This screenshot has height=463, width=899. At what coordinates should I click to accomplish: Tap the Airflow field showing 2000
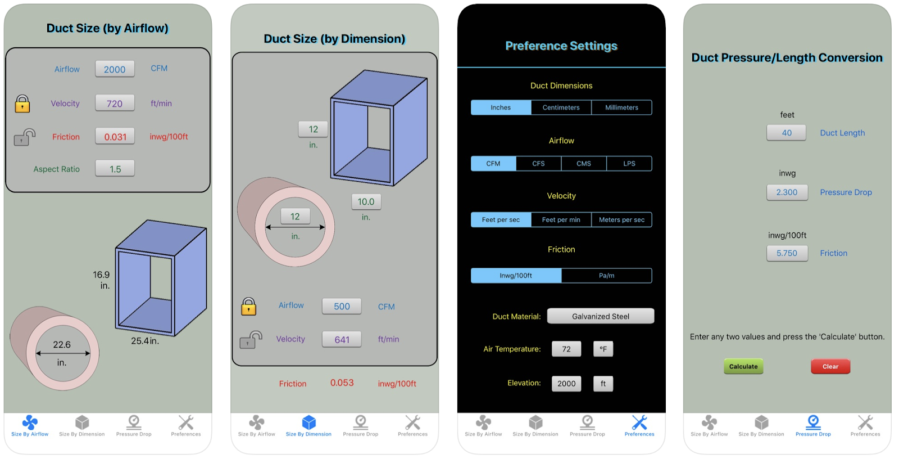(x=115, y=69)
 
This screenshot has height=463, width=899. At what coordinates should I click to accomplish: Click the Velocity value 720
(x=115, y=104)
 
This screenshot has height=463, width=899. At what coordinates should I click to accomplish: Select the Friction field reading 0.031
(x=115, y=137)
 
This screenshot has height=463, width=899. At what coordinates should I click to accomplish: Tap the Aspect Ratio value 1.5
(x=115, y=169)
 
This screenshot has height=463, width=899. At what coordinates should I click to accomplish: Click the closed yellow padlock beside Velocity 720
(x=22, y=104)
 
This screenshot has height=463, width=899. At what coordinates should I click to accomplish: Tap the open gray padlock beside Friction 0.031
(x=24, y=137)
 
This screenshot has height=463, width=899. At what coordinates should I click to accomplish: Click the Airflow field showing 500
(x=342, y=306)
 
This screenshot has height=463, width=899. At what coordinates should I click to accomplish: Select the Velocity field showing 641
(x=342, y=339)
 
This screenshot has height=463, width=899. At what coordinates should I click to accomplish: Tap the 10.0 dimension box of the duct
(x=366, y=201)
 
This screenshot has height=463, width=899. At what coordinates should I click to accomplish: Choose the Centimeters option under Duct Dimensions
(x=561, y=107)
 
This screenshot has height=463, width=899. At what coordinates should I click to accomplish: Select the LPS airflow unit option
(x=629, y=164)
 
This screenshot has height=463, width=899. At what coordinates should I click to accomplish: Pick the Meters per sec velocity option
(x=621, y=220)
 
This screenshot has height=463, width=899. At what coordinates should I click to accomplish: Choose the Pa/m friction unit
(x=606, y=276)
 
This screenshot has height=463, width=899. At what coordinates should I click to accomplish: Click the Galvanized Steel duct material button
(x=600, y=316)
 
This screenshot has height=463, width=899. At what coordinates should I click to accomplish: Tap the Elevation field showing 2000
(x=566, y=384)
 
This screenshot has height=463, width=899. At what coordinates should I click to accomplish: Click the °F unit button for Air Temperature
(x=603, y=349)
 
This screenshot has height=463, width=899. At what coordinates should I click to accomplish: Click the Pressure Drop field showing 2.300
(x=787, y=192)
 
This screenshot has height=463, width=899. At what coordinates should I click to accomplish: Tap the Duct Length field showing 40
(x=787, y=133)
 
